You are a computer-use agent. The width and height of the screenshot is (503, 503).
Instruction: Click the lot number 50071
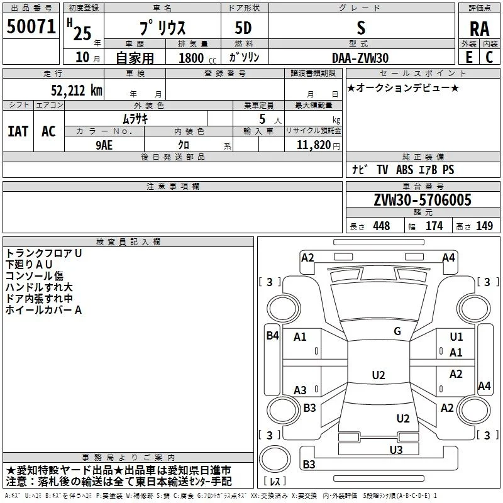tap(31, 26)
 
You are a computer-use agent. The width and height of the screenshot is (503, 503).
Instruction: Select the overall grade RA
tap(480, 29)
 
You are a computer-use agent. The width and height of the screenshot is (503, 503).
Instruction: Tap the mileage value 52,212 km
tap(77, 91)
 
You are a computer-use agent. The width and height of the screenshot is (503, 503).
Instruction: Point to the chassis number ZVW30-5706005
tap(423, 200)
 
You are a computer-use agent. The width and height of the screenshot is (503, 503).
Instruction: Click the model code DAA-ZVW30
tap(360, 58)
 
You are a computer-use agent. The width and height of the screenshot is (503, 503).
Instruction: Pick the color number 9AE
tap(104, 145)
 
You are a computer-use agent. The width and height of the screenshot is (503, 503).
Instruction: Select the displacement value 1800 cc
tap(197, 58)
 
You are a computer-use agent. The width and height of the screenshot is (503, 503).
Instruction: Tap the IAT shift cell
tap(18, 131)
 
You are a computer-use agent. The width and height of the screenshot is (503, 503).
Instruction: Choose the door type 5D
tap(243, 28)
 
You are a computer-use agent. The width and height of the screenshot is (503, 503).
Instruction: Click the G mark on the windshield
tap(397, 331)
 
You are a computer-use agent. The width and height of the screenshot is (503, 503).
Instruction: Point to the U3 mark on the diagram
tap(396, 450)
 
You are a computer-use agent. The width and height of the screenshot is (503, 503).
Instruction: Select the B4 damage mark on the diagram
tap(273, 336)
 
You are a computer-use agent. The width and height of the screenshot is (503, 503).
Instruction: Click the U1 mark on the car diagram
tap(456, 337)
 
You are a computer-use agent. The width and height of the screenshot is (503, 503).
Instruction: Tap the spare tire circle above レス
tap(275, 459)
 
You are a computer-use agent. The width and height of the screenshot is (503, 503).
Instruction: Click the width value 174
tap(434, 226)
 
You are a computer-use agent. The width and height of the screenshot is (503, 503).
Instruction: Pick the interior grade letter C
tap(489, 57)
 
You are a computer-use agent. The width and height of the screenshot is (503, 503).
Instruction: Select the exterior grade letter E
tap(469, 57)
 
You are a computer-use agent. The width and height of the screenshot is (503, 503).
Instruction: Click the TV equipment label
tap(382, 169)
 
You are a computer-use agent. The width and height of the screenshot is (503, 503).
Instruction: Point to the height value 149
tap(484, 226)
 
